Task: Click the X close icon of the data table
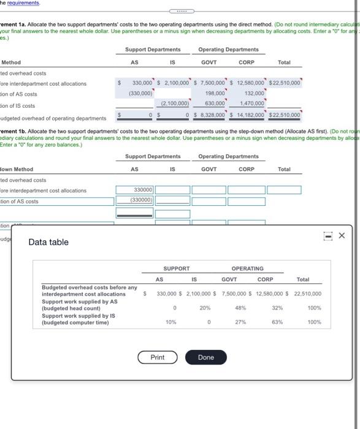pyautogui.click(x=342, y=235)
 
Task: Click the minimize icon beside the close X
pyautogui.click(x=327, y=235)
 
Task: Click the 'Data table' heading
pyautogui.click(x=48, y=242)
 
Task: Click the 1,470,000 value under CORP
pyautogui.click(x=251, y=104)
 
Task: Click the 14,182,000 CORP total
pyautogui.click(x=251, y=115)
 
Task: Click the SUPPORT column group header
pyautogui.click(x=176, y=268)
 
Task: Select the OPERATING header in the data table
pyautogui.click(x=247, y=268)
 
